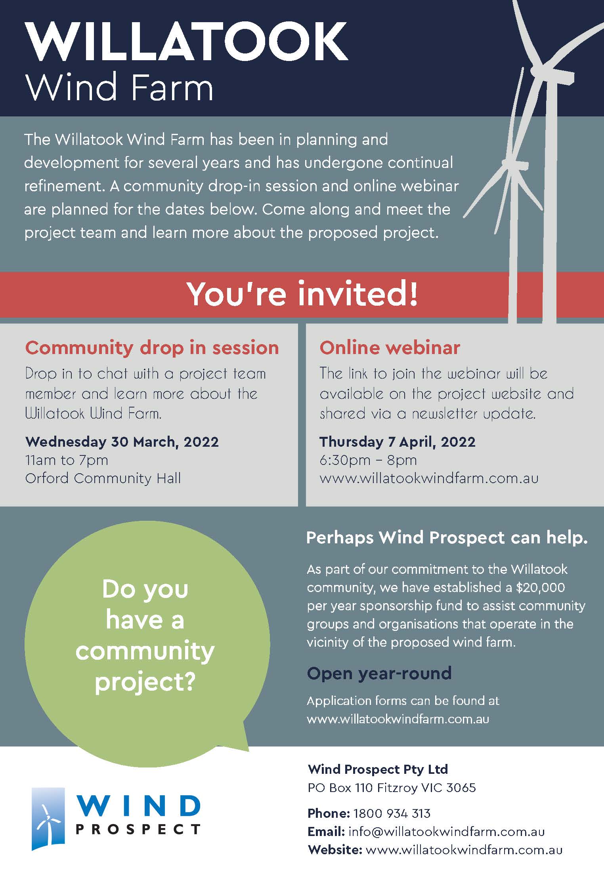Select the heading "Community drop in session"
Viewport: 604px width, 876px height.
(x=152, y=348)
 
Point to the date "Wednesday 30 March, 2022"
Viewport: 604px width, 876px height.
(x=122, y=442)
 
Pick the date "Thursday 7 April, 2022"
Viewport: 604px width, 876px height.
(x=398, y=442)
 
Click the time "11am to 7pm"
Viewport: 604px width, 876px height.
(x=67, y=460)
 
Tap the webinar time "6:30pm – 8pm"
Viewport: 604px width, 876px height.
(x=368, y=460)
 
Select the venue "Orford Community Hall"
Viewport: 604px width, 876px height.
(x=103, y=478)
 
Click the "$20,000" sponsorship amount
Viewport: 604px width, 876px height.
(x=540, y=587)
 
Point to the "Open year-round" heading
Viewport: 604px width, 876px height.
(x=379, y=673)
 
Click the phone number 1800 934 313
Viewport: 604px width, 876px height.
(x=392, y=813)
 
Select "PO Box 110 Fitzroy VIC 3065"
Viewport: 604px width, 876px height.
(x=392, y=788)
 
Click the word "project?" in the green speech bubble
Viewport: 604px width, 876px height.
(x=145, y=682)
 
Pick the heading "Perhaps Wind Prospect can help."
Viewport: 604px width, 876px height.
(x=447, y=538)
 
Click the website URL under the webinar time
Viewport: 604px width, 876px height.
(x=429, y=478)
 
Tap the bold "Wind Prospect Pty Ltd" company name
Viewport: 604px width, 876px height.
(x=378, y=769)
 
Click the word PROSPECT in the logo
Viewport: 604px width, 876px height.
(x=138, y=830)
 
